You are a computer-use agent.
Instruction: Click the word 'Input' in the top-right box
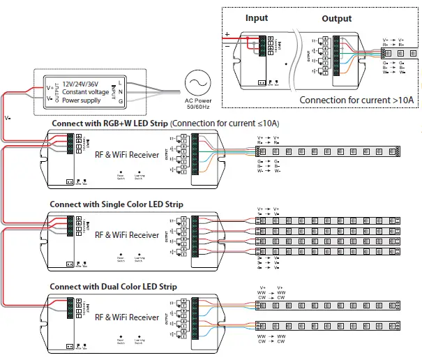tap(256, 18)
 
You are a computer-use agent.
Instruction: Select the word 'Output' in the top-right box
tap(336, 19)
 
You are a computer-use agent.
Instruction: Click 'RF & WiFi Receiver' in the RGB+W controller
tap(127, 156)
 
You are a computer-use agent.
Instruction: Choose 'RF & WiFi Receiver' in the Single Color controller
tap(127, 235)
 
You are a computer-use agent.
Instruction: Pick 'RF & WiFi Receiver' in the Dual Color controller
tap(127, 317)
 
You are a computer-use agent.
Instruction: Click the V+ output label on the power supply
tap(48, 87)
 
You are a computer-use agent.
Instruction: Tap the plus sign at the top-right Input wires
tap(227, 33)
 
